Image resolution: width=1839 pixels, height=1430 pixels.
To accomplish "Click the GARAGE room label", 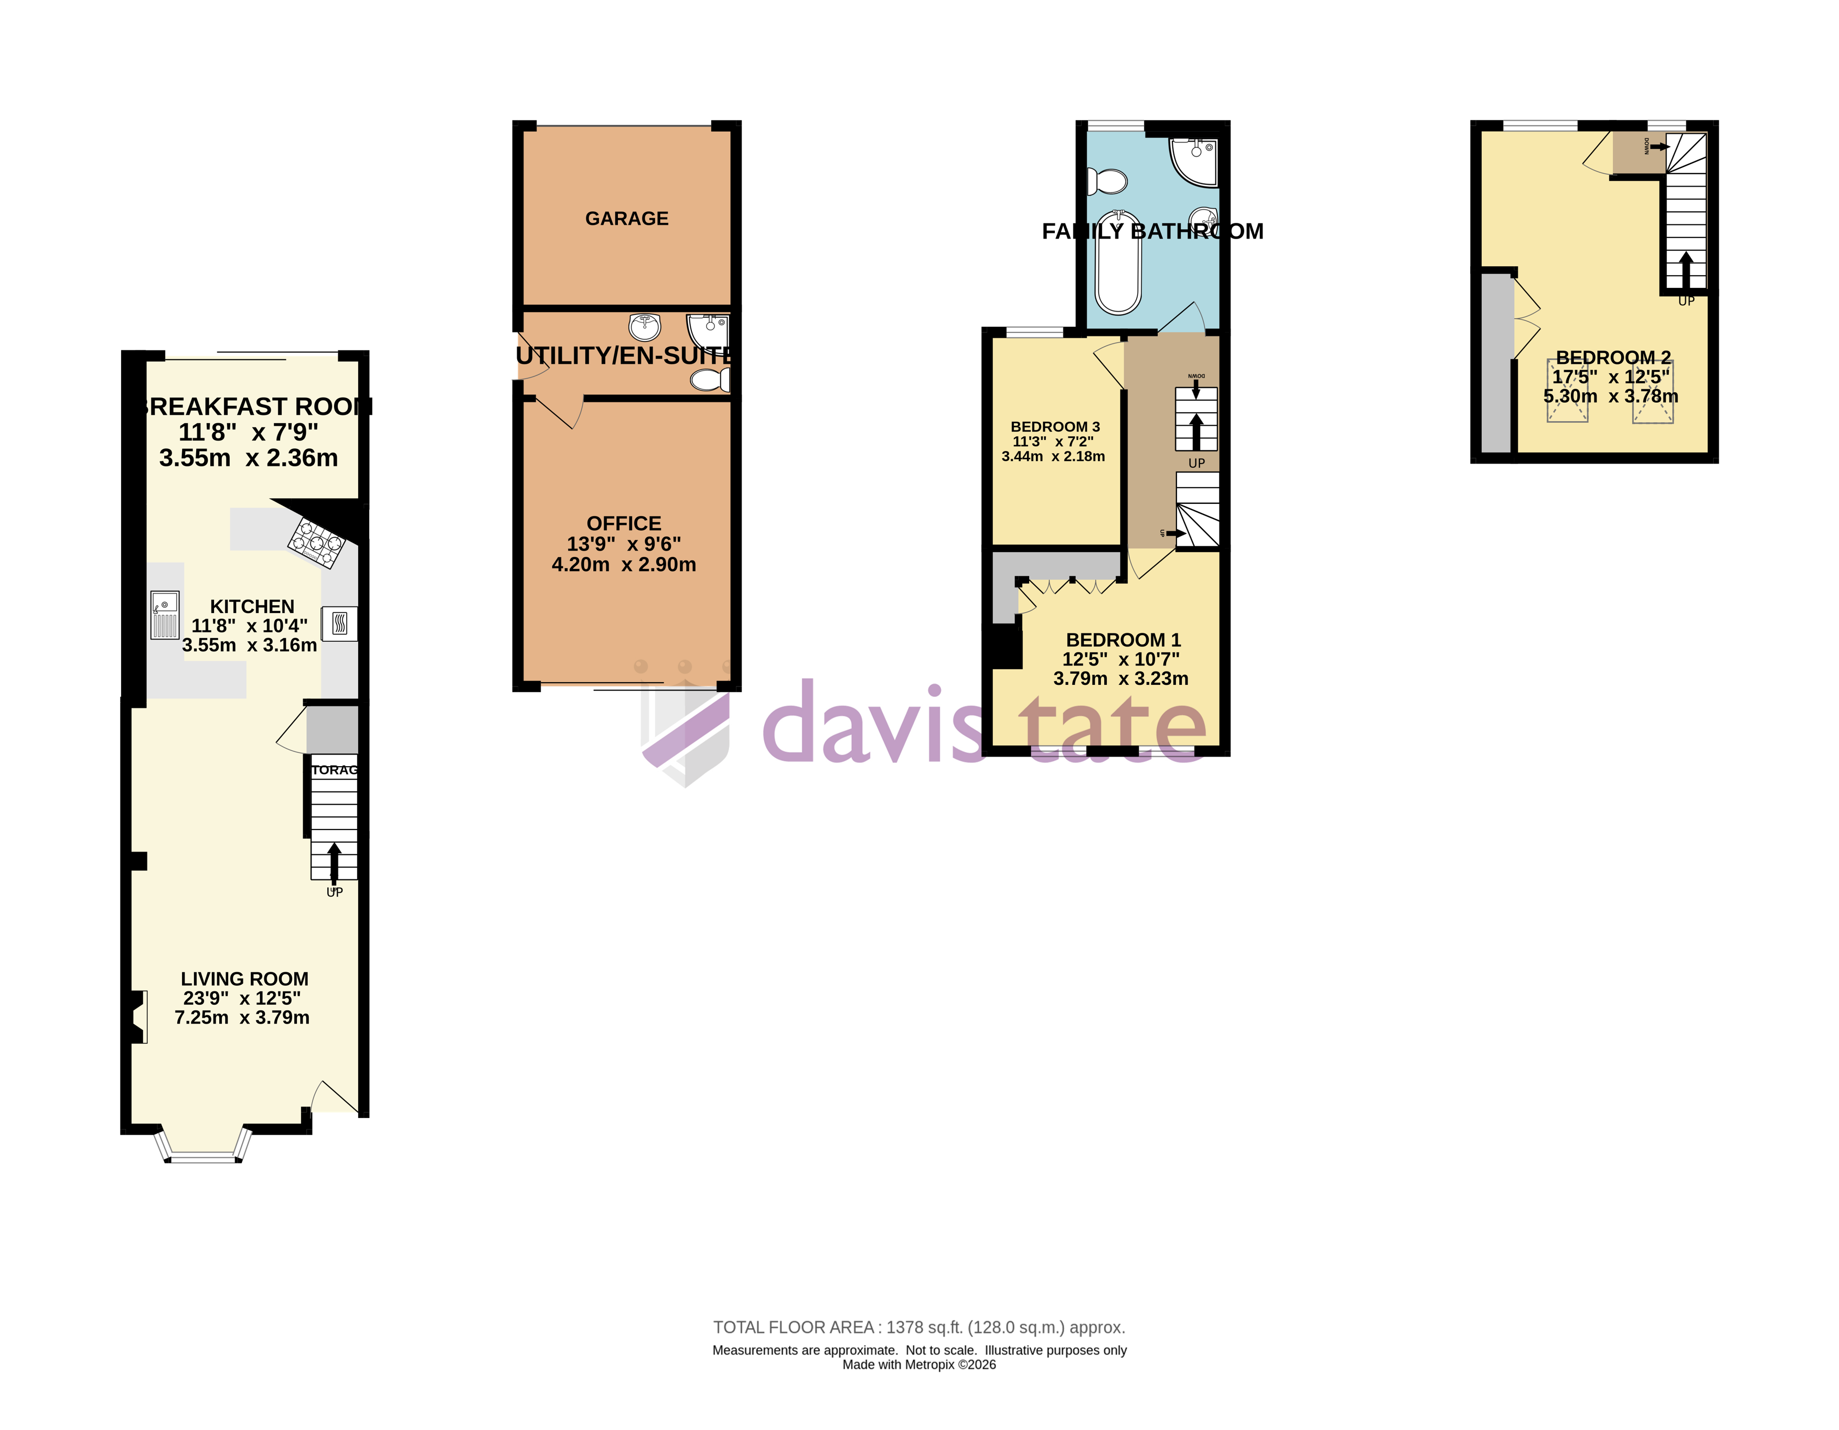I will [626, 219].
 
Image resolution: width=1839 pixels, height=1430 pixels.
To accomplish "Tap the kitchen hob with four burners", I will [317, 542].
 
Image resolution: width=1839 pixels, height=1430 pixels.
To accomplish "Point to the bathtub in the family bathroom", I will [1118, 263].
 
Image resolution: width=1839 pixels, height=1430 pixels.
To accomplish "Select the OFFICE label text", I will [624, 523].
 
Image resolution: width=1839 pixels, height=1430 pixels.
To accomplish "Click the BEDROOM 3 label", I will [1055, 427].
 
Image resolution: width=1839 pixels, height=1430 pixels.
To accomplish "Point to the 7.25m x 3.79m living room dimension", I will [242, 1018].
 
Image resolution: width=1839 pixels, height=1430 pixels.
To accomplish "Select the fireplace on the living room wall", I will [139, 1017].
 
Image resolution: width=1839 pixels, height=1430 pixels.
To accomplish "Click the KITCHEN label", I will [252, 607].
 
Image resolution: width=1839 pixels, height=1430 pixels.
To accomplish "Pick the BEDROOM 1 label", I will [1123, 640].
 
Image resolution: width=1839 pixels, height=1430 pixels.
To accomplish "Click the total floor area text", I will [918, 1327].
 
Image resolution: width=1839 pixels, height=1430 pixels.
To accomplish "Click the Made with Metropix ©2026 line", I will [918, 1365].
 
